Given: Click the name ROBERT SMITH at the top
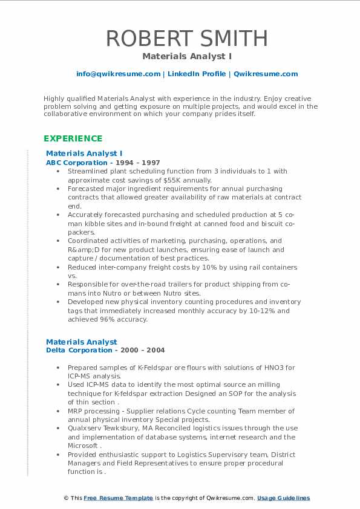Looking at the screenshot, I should tap(186, 38).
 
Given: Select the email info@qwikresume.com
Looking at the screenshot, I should tap(118, 74).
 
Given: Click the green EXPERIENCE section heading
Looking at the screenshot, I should tap(73, 138).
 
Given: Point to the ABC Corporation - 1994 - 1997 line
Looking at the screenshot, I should tap(103, 163).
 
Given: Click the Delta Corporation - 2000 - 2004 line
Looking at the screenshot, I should tap(105, 350).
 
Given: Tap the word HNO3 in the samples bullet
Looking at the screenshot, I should tap(267, 368).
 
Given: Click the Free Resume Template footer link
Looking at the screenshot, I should tap(117, 498).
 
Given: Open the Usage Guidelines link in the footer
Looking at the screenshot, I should tap(283, 498).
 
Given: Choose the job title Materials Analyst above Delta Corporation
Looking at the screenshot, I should tap(82, 342).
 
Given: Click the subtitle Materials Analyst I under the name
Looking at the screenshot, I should tap(179, 56).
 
